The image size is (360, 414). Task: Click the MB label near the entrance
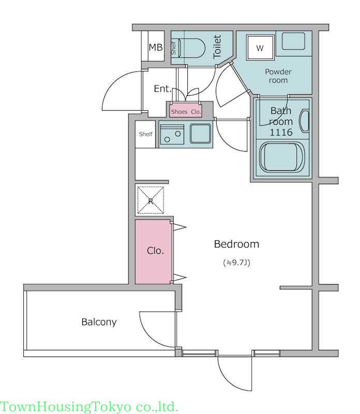[x=156, y=47]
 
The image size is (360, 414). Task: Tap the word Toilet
[x=217, y=47]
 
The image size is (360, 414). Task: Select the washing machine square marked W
[x=260, y=48]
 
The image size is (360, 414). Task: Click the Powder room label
[x=278, y=76]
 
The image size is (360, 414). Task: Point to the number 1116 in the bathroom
[x=281, y=132]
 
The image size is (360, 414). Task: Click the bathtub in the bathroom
[x=282, y=157]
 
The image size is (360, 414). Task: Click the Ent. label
[x=162, y=88]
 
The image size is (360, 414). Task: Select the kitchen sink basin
[x=201, y=134]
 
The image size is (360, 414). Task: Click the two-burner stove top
[x=172, y=135]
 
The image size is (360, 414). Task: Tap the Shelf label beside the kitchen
[x=146, y=134]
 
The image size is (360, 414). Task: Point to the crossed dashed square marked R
[x=151, y=200]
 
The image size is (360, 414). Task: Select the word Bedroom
[x=236, y=244]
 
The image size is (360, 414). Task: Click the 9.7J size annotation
[x=236, y=263]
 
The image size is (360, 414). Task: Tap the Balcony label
[x=99, y=322]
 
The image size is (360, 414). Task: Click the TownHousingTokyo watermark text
[x=89, y=407]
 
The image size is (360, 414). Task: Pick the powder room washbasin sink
[x=293, y=41]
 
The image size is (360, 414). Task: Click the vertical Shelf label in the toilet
[x=173, y=48]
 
